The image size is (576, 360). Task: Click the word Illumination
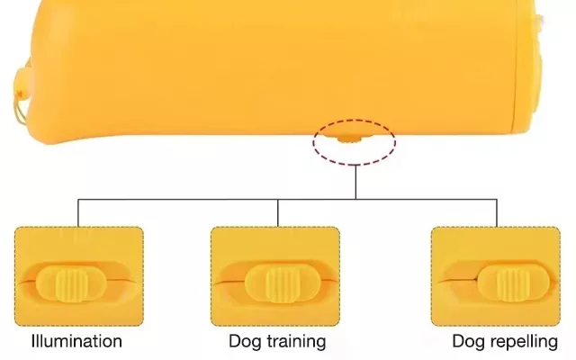click(x=76, y=342)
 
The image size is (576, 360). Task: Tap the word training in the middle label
click(x=292, y=343)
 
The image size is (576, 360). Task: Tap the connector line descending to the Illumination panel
click(x=78, y=212)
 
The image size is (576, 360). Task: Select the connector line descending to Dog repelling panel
click(x=496, y=212)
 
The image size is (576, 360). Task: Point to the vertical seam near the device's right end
click(x=516, y=63)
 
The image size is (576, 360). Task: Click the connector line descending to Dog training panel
click(x=278, y=212)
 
